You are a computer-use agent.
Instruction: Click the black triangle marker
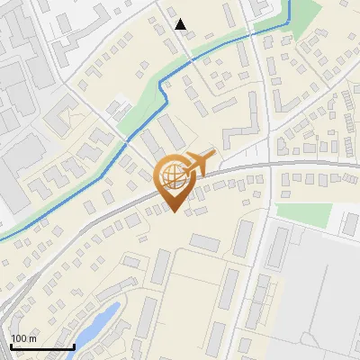click(181, 24)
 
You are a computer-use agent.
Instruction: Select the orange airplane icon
click(197, 164)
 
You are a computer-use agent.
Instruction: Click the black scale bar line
click(41, 346)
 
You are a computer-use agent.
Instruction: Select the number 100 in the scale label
click(18, 338)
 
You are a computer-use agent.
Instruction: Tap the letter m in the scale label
click(31, 338)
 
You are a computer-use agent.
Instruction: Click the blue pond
click(97, 322)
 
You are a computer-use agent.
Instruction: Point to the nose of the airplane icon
click(214, 155)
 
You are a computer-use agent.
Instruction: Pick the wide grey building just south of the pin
click(204, 242)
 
